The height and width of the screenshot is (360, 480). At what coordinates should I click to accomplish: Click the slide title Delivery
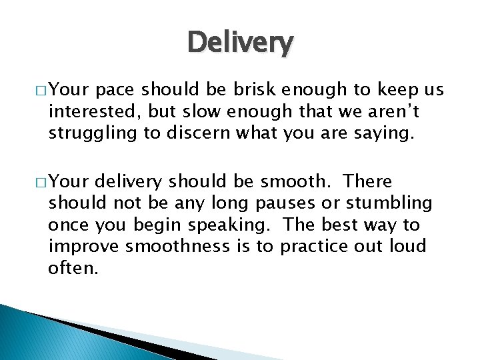point(240,43)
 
